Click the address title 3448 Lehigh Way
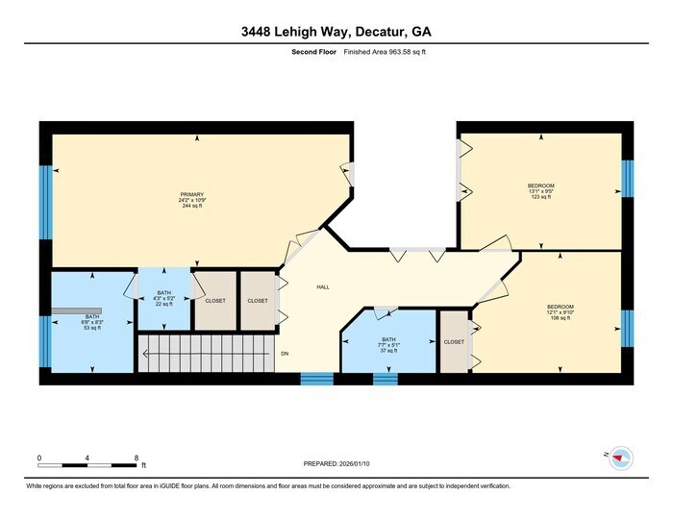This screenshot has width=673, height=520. click(336, 32)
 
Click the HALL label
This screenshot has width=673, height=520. click(324, 286)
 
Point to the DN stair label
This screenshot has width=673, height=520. click(285, 354)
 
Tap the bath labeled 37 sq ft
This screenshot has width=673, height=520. click(388, 344)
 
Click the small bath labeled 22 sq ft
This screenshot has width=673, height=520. click(164, 299)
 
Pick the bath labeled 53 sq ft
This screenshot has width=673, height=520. click(92, 322)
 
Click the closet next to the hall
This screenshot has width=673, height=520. click(257, 301)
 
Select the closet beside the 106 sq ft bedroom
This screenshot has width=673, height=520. click(453, 342)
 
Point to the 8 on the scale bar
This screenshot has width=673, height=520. click(137, 457)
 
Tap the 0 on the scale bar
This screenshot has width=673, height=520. click(39, 457)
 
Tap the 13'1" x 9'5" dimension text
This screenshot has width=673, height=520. click(540, 190)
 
